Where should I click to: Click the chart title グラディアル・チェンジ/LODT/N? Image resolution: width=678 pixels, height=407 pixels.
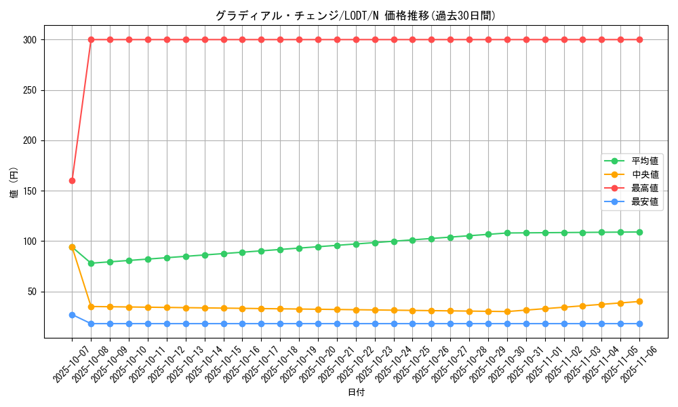(355, 16)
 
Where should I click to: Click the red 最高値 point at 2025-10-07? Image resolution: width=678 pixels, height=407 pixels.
(72, 180)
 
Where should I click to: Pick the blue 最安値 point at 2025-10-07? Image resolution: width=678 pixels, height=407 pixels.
(72, 315)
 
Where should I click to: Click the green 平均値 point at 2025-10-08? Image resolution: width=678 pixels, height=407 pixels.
(91, 263)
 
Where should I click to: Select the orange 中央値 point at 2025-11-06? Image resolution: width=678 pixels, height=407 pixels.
(639, 301)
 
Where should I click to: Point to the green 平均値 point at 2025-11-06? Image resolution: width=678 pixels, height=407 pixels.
(639, 232)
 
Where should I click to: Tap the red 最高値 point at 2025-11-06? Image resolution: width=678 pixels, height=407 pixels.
(639, 39)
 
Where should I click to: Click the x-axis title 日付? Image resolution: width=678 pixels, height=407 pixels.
(356, 393)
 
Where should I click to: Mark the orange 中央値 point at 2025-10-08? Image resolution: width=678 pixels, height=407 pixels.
(91, 307)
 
